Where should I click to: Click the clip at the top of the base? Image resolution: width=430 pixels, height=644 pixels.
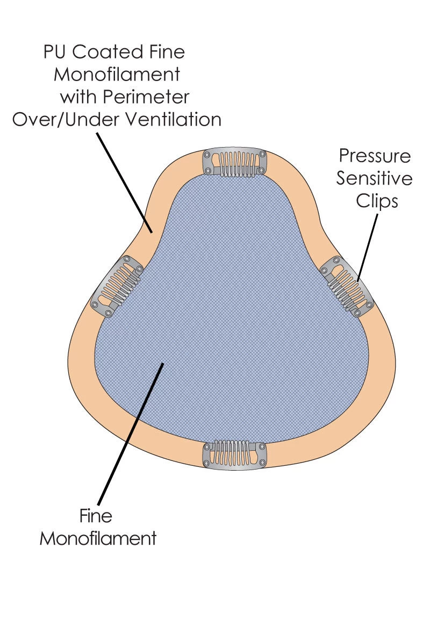(x=234, y=162)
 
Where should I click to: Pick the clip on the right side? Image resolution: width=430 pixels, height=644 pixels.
(x=347, y=286)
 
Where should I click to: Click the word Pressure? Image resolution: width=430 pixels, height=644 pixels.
(x=375, y=156)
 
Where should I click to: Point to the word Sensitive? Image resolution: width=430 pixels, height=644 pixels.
(x=375, y=178)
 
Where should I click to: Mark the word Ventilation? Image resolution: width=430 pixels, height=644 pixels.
(x=175, y=119)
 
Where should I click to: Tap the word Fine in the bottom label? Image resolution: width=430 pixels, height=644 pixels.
(x=96, y=516)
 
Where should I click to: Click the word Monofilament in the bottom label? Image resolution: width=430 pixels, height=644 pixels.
(x=98, y=538)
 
